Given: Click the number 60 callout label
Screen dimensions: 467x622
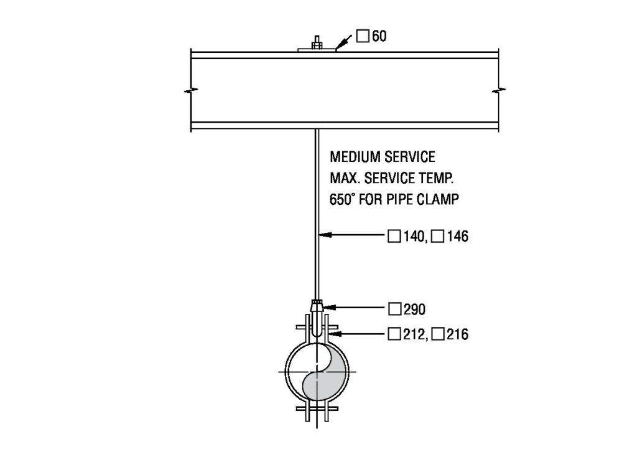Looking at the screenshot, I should coord(379,36).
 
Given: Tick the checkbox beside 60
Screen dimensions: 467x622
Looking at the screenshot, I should coord(363,36).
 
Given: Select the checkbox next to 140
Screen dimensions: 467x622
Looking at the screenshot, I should coord(393,237).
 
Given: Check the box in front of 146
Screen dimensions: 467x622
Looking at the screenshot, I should coord(437,237).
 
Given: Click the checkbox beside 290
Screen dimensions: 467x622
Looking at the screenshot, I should coord(393,308).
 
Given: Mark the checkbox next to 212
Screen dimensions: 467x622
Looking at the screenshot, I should coord(393,335).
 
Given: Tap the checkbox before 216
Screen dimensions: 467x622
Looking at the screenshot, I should coord(437,335).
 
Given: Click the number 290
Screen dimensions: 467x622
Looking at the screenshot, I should coord(414,308).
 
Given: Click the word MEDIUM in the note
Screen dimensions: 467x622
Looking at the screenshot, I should coord(351,156).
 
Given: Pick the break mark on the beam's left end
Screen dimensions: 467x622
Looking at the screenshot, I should coord(190,91).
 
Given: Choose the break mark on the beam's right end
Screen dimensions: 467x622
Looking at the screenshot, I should coord(498,91).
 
